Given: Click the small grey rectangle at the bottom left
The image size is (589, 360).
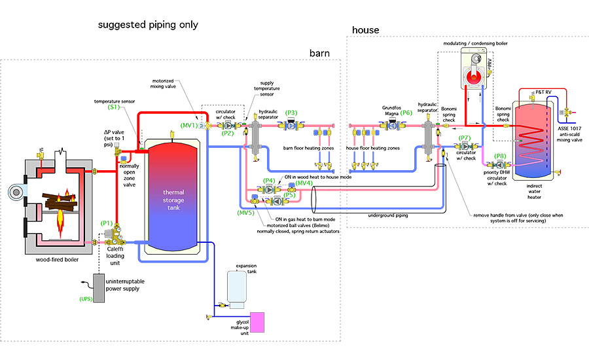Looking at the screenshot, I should click(99, 288).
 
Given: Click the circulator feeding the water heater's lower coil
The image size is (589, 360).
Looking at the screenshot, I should click(499, 165).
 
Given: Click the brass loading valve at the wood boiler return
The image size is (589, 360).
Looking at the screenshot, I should click(117, 235).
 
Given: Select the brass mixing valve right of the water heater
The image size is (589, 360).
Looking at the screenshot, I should click(564, 113).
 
